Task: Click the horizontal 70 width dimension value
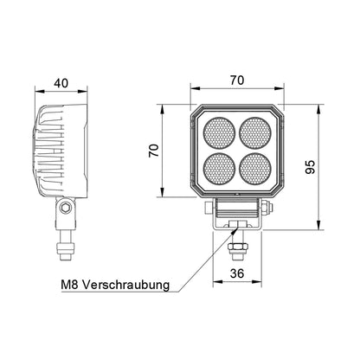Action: [x=237, y=79]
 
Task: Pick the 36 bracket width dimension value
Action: [x=236, y=274]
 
